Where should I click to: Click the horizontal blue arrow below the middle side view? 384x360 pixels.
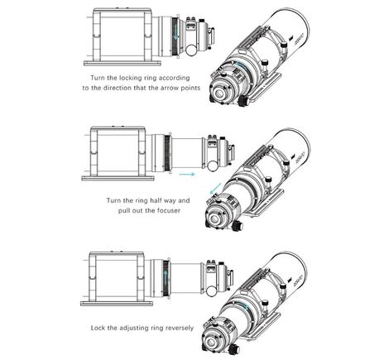point(186,175)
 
